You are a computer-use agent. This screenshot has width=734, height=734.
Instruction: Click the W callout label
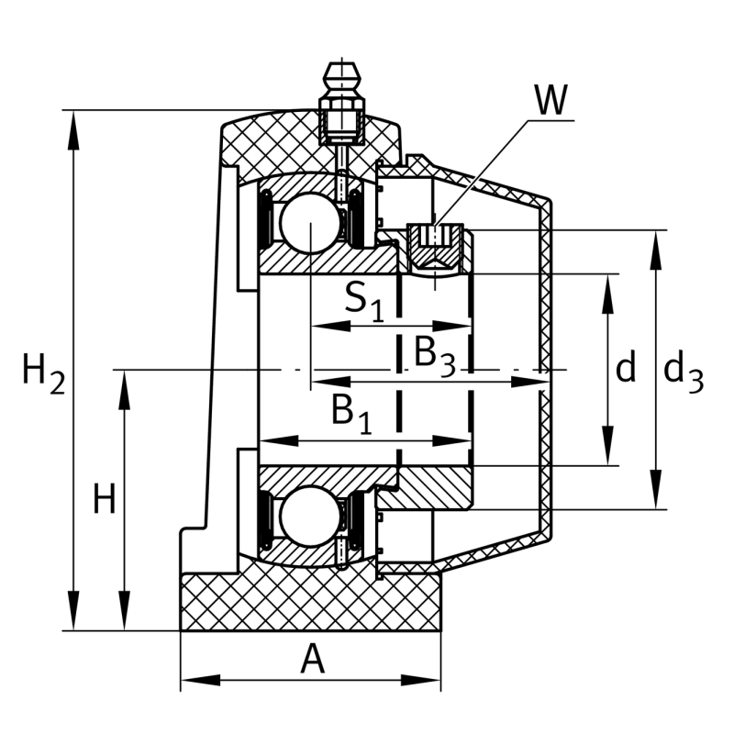[x=551, y=100]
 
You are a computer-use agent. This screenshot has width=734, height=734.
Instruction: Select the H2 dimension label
[x=44, y=374]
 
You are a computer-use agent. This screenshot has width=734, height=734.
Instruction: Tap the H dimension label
[x=105, y=498]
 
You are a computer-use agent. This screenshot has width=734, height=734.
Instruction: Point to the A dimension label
[x=312, y=659]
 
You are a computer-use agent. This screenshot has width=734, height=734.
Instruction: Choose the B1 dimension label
[x=351, y=415]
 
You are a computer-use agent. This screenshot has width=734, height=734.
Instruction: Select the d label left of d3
[x=626, y=365]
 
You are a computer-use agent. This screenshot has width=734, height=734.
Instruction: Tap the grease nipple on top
[x=342, y=104]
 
